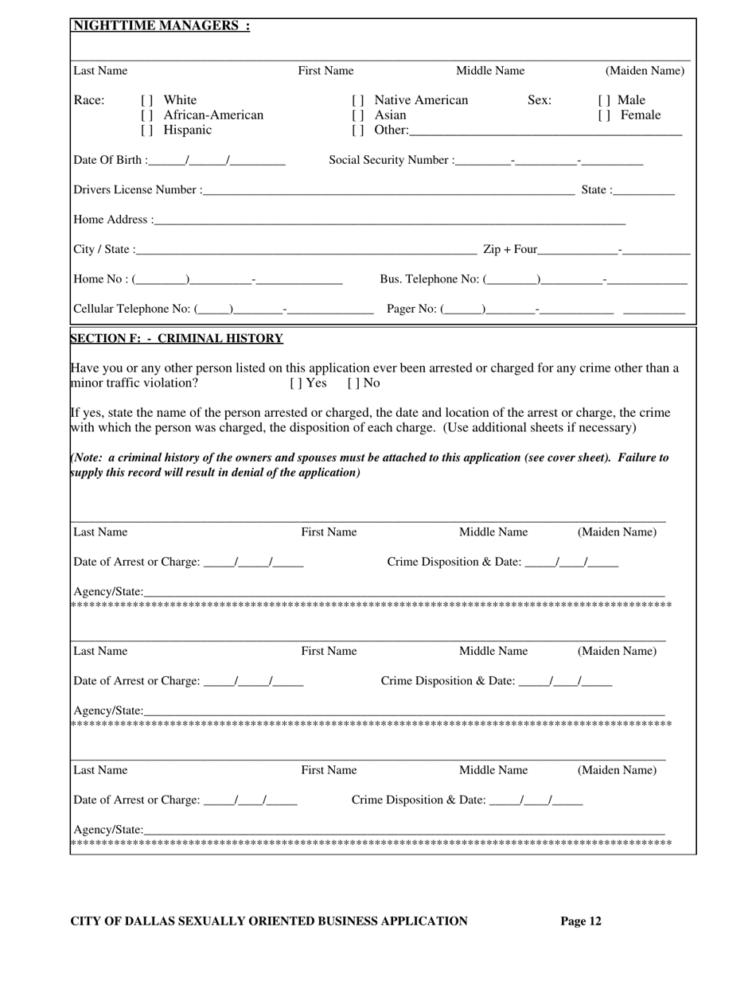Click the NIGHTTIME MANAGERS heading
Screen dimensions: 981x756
(162, 25)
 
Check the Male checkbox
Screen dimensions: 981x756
(602, 101)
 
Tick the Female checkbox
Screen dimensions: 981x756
(602, 115)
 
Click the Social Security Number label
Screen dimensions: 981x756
(390, 161)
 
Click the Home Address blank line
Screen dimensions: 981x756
(390, 220)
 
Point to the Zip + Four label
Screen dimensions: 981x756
(510, 250)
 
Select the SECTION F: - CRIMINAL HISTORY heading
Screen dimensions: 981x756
(177, 339)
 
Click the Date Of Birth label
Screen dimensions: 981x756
(109, 161)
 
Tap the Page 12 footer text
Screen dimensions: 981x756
(581, 921)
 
